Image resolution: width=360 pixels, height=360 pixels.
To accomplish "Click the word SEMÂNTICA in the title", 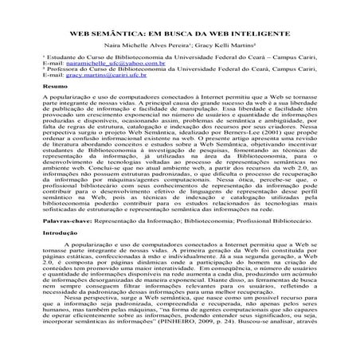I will pos(120,36).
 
